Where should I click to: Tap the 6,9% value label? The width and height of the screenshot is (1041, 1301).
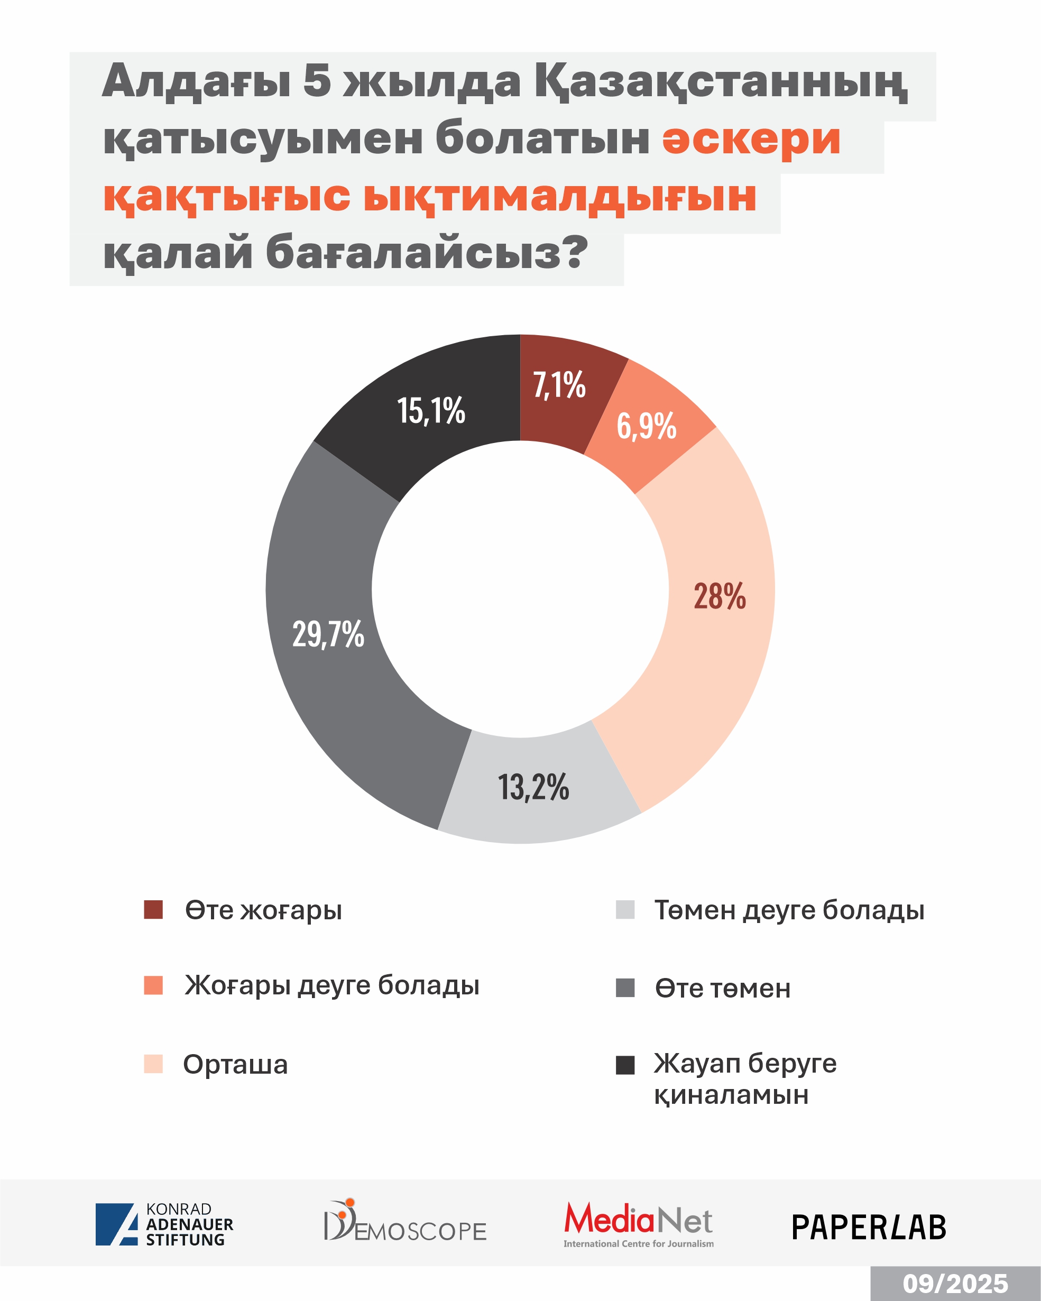[646, 426]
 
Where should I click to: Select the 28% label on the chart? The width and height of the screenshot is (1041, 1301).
[720, 596]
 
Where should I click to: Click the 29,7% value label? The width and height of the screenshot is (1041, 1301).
[328, 634]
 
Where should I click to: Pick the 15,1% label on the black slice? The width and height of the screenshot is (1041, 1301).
[431, 411]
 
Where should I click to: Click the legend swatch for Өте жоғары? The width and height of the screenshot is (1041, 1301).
[153, 910]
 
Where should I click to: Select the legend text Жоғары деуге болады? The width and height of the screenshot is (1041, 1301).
[332, 985]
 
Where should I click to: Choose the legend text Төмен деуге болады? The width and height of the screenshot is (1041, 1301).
[789, 910]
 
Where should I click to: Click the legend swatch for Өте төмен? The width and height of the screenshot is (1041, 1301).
[625, 989]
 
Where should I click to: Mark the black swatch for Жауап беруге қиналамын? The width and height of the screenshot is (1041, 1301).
[625, 1065]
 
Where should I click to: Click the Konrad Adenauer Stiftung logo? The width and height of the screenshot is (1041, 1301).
[164, 1224]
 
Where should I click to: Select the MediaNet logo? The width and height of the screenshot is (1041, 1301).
[639, 1224]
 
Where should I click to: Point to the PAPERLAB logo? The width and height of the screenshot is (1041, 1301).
[869, 1228]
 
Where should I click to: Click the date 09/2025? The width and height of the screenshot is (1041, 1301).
[955, 1284]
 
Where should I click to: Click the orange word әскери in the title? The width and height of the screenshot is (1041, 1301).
[751, 140]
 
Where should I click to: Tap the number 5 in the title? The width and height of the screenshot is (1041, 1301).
[317, 81]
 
